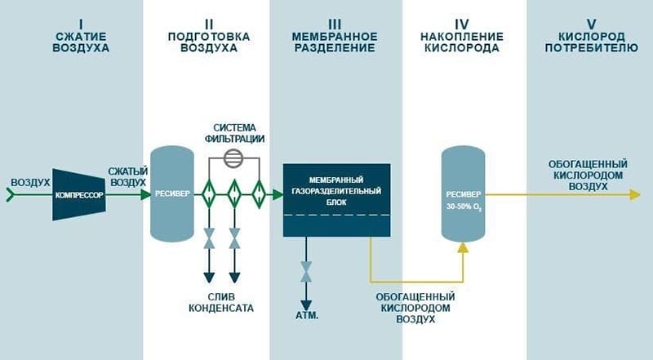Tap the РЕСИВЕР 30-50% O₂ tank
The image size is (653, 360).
pos(463,194)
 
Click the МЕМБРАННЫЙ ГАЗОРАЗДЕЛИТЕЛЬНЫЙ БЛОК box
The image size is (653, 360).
pos(336,199)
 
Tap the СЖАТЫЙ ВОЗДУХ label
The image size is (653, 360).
pos(128,176)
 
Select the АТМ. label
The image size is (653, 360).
pos(308,315)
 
